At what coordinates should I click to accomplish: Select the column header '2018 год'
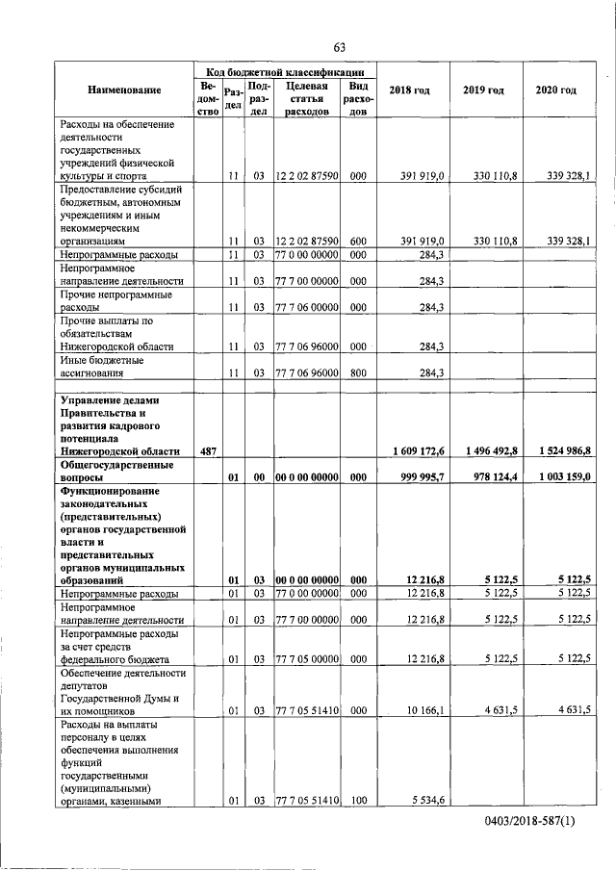pyautogui.click(x=408, y=90)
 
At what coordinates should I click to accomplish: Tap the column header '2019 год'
pyautogui.click(x=483, y=90)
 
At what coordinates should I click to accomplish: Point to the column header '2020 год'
pyautogui.click(x=555, y=90)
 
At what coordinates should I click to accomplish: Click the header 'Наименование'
pyautogui.click(x=124, y=90)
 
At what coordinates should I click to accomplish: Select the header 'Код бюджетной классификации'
pyautogui.click(x=285, y=71)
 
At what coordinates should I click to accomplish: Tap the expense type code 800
pyautogui.click(x=357, y=373)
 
